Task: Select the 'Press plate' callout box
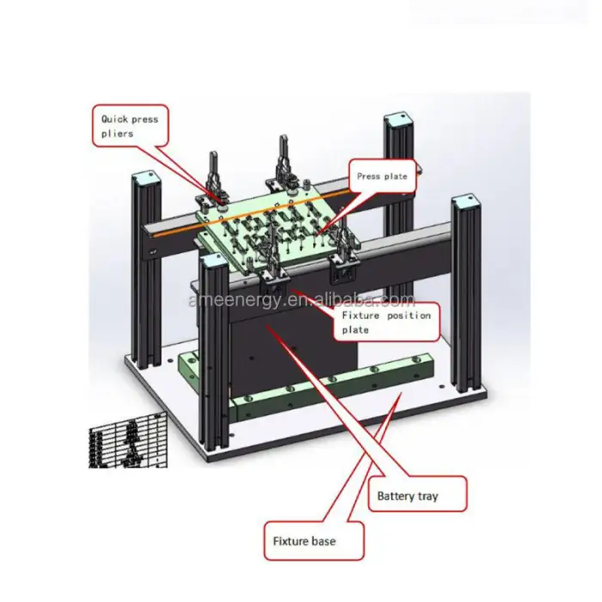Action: click(382, 176)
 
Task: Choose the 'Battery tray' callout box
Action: click(421, 495)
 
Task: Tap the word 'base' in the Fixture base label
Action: click(325, 541)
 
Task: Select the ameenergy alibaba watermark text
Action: click(301, 300)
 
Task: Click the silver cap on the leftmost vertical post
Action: click(142, 177)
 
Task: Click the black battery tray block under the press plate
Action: click(284, 344)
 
